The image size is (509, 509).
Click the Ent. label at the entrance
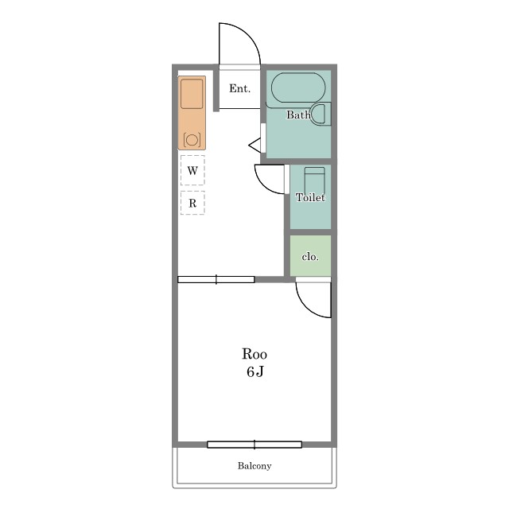pos(239,88)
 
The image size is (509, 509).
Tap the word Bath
pos(298,115)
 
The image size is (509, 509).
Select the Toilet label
pos(310,197)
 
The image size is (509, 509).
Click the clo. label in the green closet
pos(310,257)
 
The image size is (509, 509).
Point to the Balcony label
pos(254,466)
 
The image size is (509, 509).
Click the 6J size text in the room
pos(254,371)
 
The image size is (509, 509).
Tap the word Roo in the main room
pos(254,354)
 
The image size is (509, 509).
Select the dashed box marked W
pos(192,170)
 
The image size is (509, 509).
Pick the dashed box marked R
pos(192,203)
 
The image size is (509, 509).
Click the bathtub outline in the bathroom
pos(298,87)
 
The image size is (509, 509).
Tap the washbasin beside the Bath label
pos(319,114)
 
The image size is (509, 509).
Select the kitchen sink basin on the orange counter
pos(192,94)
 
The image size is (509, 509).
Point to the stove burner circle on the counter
pos(192,140)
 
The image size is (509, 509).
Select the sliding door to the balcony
pos(254,445)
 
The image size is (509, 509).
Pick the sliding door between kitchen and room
pos(216,279)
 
